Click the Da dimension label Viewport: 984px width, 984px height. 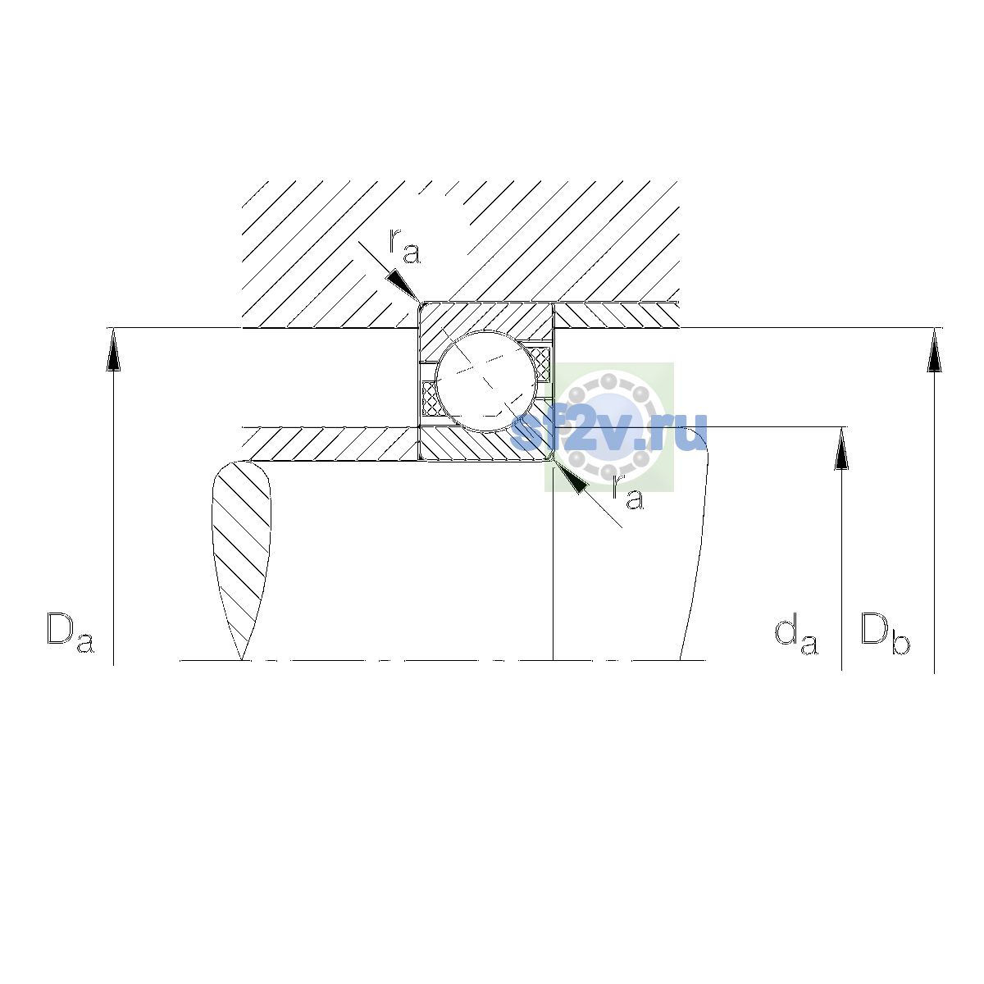pyautogui.click(x=70, y=632)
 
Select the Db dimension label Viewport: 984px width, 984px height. pyautogui.click(x=885, y=633)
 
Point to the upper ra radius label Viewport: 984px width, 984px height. pyautogui.click(x=404, y=246)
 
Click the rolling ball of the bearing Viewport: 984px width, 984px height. pyautogui.click(x=486, y=381)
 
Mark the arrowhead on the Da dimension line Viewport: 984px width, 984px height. pyautogui.click(x=113, y=350)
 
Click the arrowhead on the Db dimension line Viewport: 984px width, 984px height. pyautogui.click(x=935, y=350)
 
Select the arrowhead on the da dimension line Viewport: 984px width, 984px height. pyautogui.click(x=841, y=449)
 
